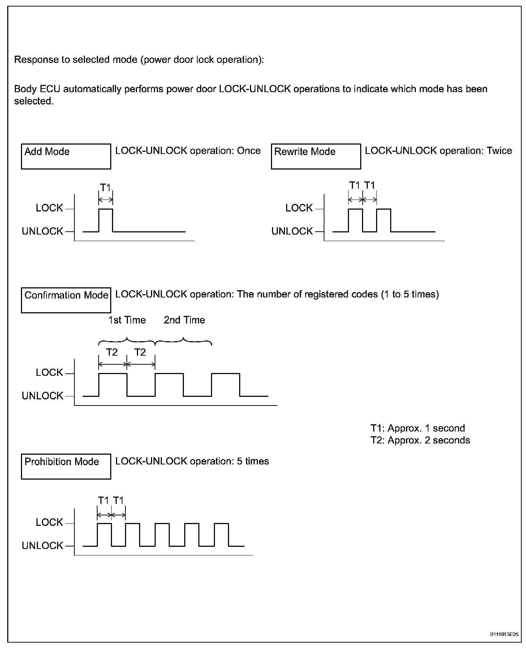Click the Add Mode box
tap(66, 156)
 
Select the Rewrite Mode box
tap(316, 156)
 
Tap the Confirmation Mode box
tap(66, 300)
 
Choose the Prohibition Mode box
tap(66, 466)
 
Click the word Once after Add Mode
tap(249, 151)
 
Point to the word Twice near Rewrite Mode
tap(499, 151)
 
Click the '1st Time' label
tap(127, 320)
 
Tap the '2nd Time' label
tap(184, 320)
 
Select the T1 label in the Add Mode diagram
tap(105, 188)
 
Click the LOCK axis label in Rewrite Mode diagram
tap(299, 208)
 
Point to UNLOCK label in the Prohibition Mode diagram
tap(42, 546)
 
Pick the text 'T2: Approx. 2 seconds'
tap(420, 440)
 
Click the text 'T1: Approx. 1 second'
tap(417, 428)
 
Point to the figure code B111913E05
tap(504, 634)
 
